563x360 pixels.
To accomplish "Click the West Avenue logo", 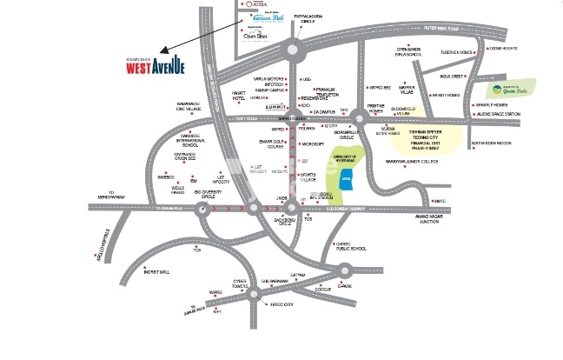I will coord(151,65).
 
